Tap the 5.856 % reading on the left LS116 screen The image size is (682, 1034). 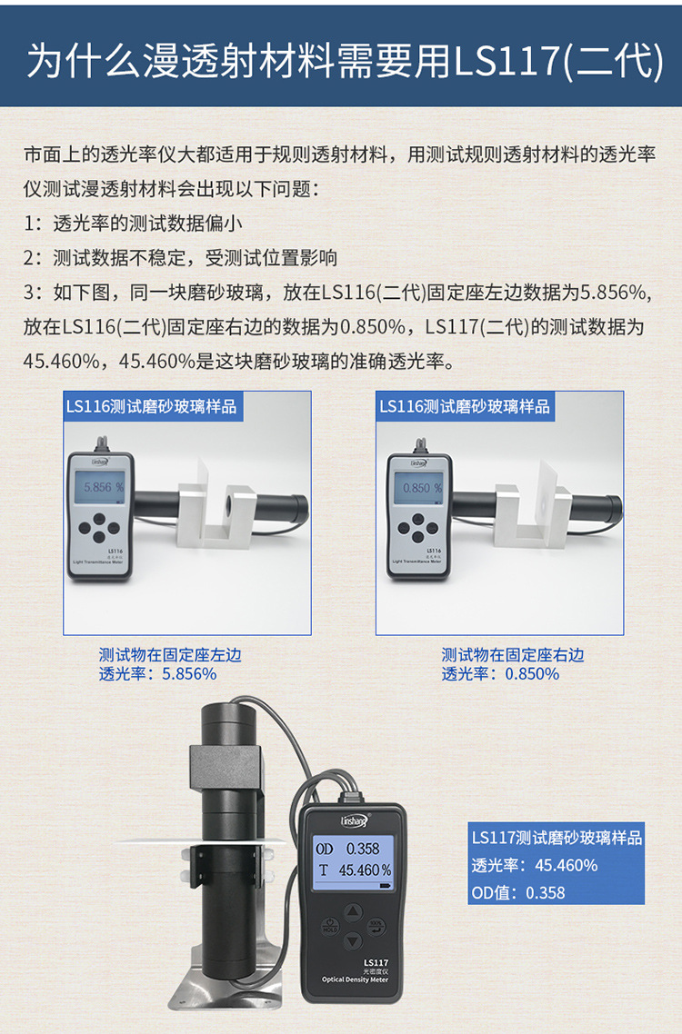pyautogui.click(x=103, y=487)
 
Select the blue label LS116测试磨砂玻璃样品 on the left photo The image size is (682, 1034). pyautogui.click(x=151, y=406)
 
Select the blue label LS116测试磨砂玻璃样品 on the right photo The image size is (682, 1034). pyautogui.click(x=464, y=406)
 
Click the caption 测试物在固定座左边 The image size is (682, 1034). pyautogui.click(x=170, y=654)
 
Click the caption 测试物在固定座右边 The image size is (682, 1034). pyautogui.click(x=513, y=654)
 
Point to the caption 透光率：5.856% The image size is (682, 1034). pyautogui.click(x=157, y=673)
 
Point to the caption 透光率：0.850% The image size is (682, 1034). pyautogui.click(x=500, y=673)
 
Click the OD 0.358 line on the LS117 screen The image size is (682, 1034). pyautogui.click(x=349, y=849)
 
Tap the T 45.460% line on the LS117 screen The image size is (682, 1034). pyautogui.click(x=353, y=870)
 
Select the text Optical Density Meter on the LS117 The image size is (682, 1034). pyautogui.click(x=355, y=979)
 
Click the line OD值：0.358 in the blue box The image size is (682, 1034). pyautogui.click(x=517, y=892)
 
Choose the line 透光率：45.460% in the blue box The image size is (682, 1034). pyautogui.click(x=534, y=865)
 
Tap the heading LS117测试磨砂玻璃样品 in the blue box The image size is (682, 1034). pyautogui.click(x=556, y=837)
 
